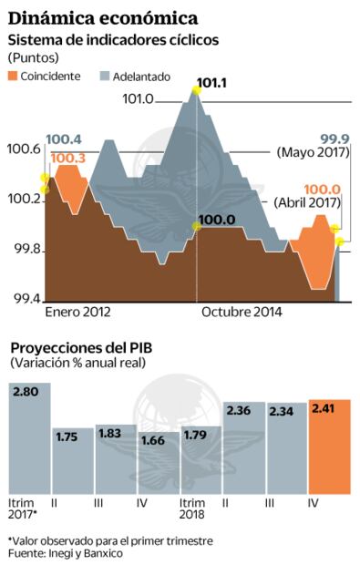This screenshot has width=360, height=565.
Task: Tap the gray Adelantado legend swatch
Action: (104, 76)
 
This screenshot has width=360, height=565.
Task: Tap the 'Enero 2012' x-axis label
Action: (77, 312)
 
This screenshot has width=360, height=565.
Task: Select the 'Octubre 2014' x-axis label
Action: (242, 312)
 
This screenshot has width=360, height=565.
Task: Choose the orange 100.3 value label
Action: (68, 159)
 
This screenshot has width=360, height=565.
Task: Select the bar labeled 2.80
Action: (29, 438)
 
